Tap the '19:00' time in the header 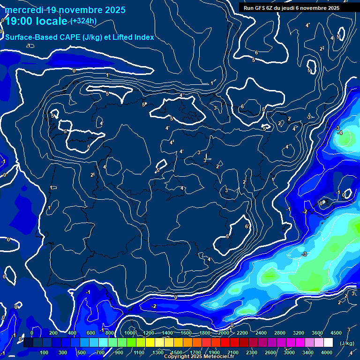pyautogui.click(x=18, y=22)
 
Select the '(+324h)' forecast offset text pyautogui.click(x=84, y=21)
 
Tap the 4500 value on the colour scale pyautogui.click(x=336, y=333)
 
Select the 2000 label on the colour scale pyautogui.click(x=224, y=333)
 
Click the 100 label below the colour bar pyautogui.click(x=44, y=352)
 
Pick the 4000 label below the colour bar pyautogui.click(x=327, y=352)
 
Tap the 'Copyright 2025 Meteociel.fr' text pyautogui.click(x=199, y=357)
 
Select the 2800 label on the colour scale pyautogui.click(x=280, y=333)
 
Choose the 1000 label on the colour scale pyautogui.click(x=130, y=333)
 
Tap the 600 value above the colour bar pyautogui.click(x=91, y=333)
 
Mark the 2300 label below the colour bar pyautogui.click(x=252, y=352)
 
